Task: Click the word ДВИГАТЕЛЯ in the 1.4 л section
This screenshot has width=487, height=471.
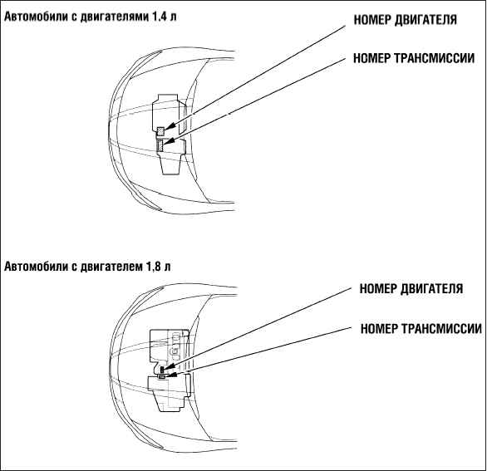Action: [x=426, y=20]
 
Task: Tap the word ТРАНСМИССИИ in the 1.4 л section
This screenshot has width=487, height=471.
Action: [x=435, y=58]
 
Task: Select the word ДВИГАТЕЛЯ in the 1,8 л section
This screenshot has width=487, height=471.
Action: [x=432, y=289]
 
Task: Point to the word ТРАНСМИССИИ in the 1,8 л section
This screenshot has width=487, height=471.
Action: [x=441, y=328]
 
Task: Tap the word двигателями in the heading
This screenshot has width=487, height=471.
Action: [x=114, y=17]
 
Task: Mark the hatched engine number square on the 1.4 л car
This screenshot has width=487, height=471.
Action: [x=160, y=131]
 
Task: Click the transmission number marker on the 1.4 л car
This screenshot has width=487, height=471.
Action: [x=160, y=145]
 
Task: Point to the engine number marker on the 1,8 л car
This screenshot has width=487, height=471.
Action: [x=162, y=370]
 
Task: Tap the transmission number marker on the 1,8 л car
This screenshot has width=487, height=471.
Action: [x=162, y=376]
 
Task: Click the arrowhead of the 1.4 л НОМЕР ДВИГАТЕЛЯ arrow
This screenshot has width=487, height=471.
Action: [x=170, y=126]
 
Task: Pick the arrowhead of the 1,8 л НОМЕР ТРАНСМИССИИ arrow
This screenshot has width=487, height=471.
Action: [x=172, y=375]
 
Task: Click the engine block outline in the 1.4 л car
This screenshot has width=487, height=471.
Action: [x=153, y=115]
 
